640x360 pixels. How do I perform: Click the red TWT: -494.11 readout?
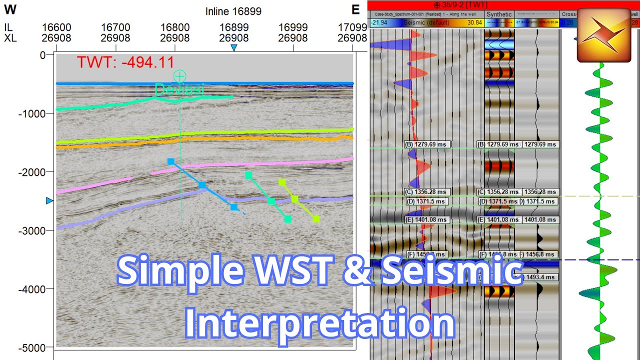pos(125,62)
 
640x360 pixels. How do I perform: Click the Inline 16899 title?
pos(233,11)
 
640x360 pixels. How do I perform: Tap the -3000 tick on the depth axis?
pos(32,230)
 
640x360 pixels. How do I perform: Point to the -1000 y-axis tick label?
pos(32,113)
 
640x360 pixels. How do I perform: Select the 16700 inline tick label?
pos(115,27)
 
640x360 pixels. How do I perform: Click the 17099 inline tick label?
pos(351,27)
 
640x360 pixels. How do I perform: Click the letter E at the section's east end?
pos(355,9)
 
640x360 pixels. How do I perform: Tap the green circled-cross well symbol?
pos(179,76)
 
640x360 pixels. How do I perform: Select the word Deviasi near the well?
pos(173,90)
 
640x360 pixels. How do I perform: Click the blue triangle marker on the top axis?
pos(233,47)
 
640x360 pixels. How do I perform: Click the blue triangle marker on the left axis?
pos(49,200)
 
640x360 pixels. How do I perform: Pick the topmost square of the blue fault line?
pos(170,161)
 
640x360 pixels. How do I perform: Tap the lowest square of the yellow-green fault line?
pos(316,219)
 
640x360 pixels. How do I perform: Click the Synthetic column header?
pos(498,14)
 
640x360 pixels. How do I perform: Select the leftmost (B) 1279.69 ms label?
pos(427,144)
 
